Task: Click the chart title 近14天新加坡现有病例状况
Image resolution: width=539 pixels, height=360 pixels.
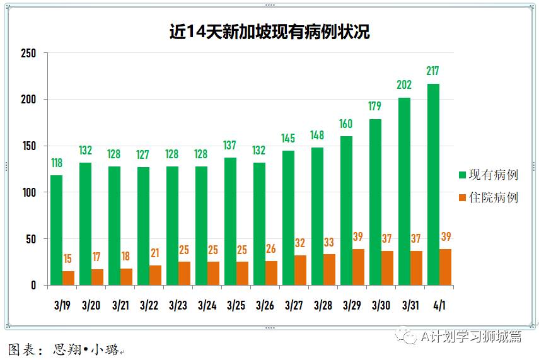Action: (x=269, y=32)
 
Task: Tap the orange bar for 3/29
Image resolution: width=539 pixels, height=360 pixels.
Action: (x=357, y=267)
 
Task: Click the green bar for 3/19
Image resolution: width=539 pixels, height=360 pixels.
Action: (x=57, y=230)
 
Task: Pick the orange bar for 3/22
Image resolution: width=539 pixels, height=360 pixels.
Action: (x=155, y=276)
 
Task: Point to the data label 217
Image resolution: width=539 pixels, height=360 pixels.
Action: (x=432, y=71)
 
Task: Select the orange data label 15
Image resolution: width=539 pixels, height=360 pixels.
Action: (x=68, y=259)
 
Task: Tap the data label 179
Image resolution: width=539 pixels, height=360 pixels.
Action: (x=374, y=106)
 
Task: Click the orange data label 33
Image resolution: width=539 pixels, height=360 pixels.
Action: (x=329, y=242)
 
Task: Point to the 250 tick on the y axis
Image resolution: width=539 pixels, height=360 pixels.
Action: (x=28, y=53)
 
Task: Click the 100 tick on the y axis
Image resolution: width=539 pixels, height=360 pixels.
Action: (x=28, y=192)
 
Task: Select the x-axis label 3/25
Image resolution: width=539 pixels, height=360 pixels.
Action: (x=236, y=306)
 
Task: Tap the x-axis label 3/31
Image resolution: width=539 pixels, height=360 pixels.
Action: (x=410, y=306)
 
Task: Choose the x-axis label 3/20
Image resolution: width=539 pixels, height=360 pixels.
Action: (x=91, y=306)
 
